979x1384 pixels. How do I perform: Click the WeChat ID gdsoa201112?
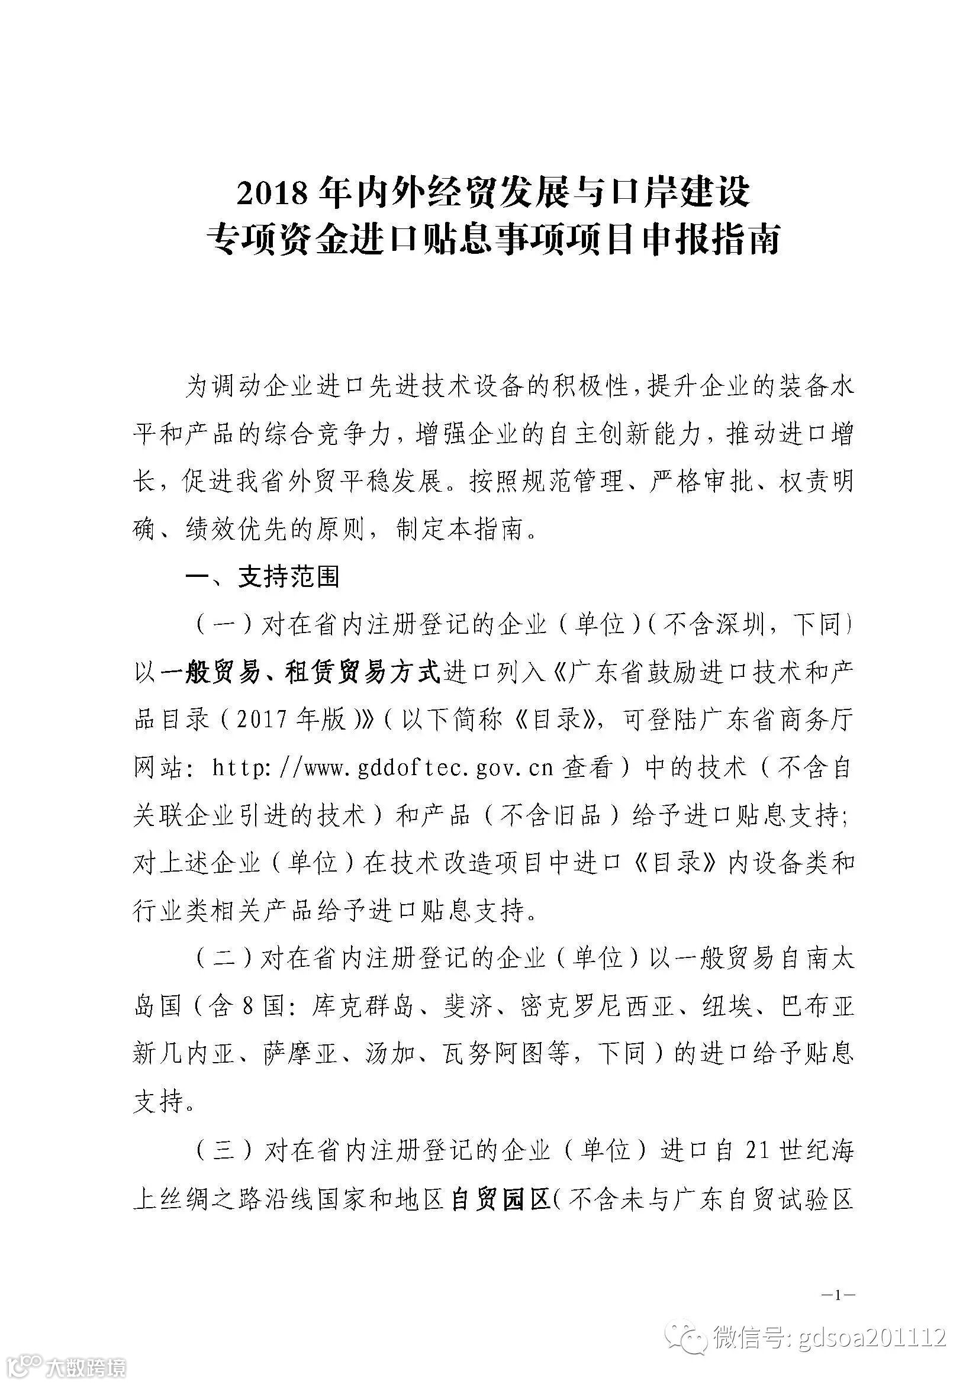pyautogui.click(x=872, y=1336)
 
